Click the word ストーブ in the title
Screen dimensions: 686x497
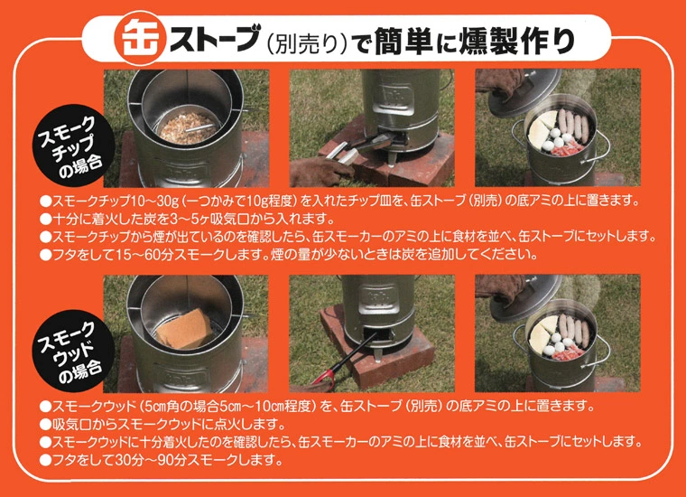pos(214,39)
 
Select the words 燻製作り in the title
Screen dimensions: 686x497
pos(516,41)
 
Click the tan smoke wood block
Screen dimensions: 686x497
pos(185,329)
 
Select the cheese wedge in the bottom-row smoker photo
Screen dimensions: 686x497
pos(542,333)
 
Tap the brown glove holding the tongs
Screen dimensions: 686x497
pos(320,171)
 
